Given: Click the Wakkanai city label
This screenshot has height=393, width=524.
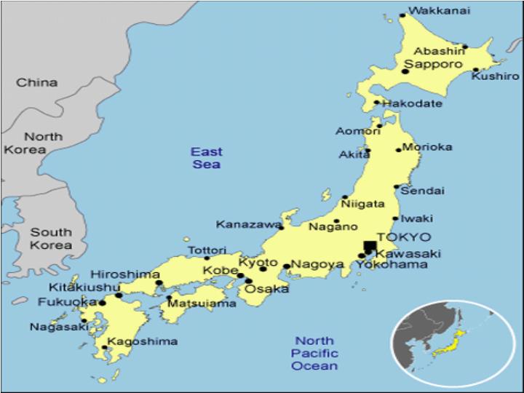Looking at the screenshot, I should (439, 10).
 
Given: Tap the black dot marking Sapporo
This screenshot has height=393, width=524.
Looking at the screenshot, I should (405, 71).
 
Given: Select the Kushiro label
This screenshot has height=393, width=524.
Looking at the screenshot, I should (495, 76).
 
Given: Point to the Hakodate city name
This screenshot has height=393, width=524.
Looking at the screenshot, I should (412, 103).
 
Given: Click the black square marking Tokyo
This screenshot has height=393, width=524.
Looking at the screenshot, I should (370, 247).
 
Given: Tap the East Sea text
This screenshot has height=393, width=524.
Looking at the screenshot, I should (207, 158).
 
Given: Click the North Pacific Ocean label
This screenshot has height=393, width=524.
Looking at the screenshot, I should (314, 353).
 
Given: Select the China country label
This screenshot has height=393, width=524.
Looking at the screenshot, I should (37, 82).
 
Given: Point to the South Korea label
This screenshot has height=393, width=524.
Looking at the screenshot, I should (50, 239).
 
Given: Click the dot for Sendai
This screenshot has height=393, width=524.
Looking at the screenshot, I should (397, 187).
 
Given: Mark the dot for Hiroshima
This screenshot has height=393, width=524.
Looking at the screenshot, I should (159, 283).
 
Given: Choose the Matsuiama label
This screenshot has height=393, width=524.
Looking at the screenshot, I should (202, 303).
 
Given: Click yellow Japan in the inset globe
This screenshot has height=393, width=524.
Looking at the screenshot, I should (449, 343).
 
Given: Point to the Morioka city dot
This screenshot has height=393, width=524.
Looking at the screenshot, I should (399, 150).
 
